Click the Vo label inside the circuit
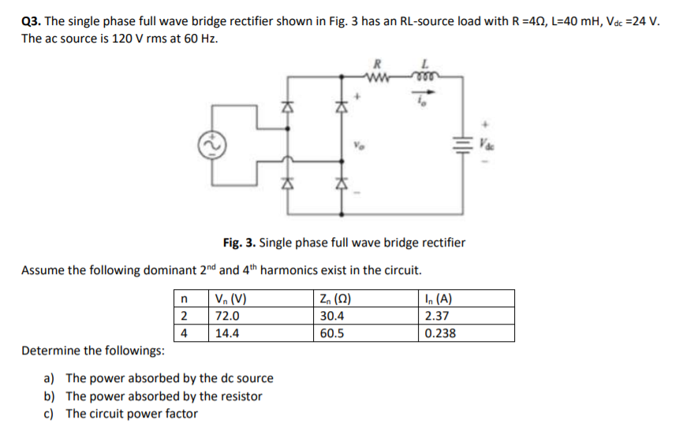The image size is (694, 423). [x=360, y=147]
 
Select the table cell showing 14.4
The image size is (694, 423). [x=226, y=332]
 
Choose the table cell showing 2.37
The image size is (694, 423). [x=437, y=316]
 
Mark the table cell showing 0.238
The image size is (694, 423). [x=439, y=332]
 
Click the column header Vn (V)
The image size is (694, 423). [x=230, y=299]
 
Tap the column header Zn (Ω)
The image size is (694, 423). [x=336, y=299]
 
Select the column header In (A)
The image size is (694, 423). [x=438, y=299]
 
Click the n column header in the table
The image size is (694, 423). [x=184, y=299]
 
